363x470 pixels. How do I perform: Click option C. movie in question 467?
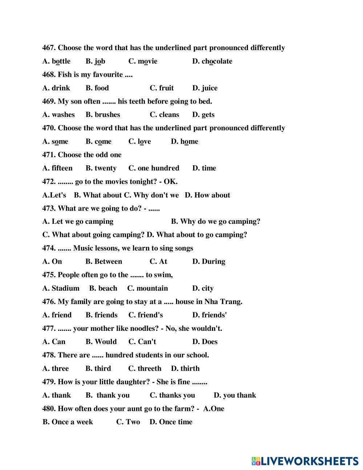tap(143, 61)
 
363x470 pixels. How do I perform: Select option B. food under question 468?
tap(97, 88)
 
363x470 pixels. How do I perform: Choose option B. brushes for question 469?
tap(103, 114)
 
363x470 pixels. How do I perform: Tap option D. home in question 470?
tap(184, 141)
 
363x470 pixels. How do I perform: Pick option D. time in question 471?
tap(204, 168)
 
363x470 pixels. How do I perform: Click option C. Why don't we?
tap(151, 195)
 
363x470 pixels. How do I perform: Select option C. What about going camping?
tap(93, 235)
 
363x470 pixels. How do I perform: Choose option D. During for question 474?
tap(208, 262)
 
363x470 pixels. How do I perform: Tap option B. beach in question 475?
tap(103, 288)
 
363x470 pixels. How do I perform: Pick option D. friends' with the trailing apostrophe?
tap(209, 315)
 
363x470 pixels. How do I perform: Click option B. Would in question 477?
tap(101, 342)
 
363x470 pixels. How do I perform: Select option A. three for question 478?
tap(56, 368)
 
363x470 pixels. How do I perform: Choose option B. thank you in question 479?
tap(107, 395)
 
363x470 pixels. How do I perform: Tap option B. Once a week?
tap(68, 422)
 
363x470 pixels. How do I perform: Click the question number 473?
tap(49, 208)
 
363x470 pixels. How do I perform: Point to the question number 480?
tap(49, 409)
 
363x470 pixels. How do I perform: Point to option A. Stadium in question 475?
tap(61, 288)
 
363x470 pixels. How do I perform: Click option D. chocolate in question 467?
tap(212, 61)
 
